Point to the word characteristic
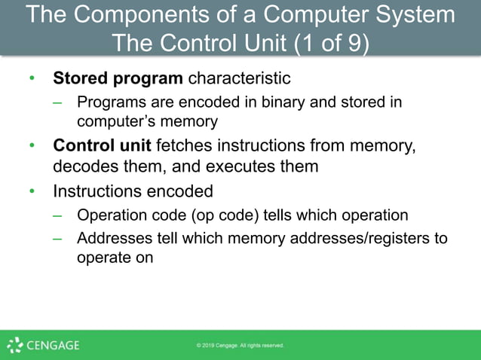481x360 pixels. click(239, 78)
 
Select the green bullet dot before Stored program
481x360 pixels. click(32, 78)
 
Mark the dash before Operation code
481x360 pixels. click(58, 215)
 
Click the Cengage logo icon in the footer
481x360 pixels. click(14, 345)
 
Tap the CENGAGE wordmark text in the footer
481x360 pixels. click(53, 346)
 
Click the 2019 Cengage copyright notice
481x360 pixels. click(240, 346)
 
